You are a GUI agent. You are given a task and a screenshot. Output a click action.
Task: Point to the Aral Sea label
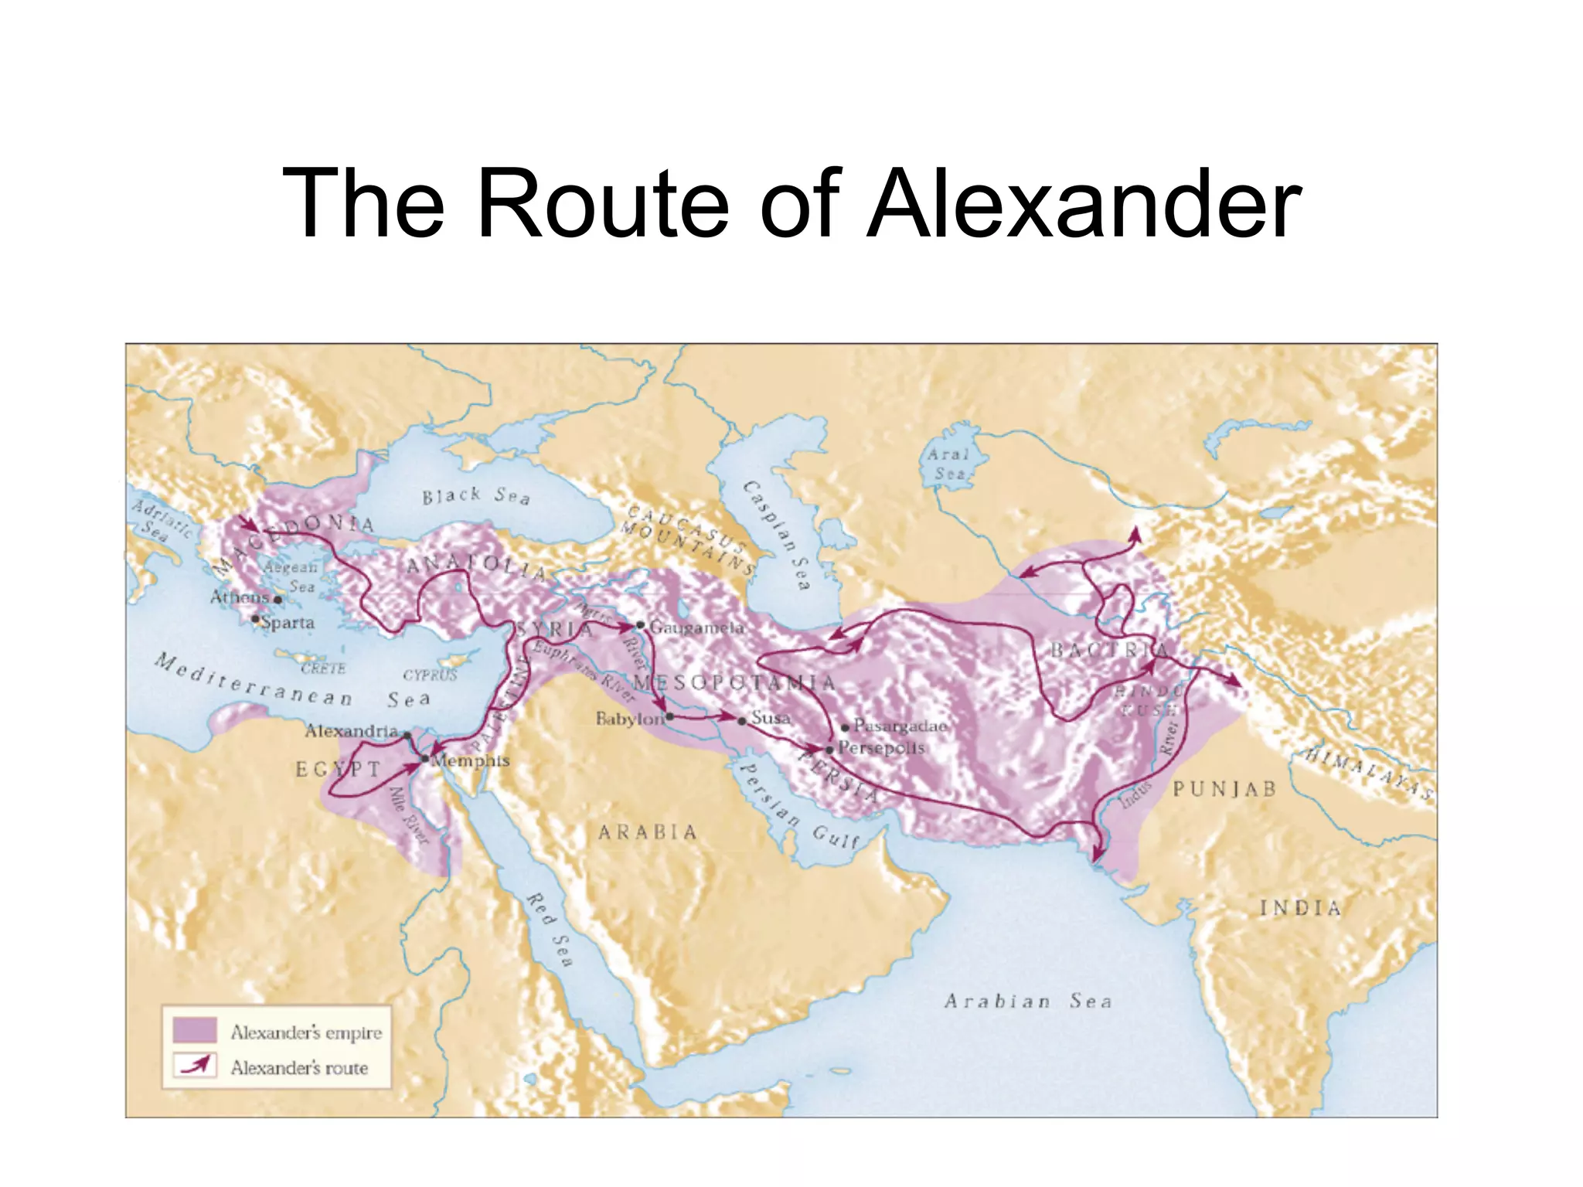click(948, 464)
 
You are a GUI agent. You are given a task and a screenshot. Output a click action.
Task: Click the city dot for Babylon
click(669, 717)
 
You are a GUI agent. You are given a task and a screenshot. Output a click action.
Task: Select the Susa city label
click(771, 718)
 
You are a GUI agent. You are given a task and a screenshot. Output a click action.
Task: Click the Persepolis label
click(880, 748)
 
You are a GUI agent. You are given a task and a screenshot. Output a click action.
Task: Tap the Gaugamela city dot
click(640, 624)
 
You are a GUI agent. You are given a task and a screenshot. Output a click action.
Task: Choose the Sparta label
click(288, 623)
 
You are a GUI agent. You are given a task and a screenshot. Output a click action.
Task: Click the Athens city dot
click(277, 600)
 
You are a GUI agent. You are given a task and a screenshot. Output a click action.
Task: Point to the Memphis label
click(471, 760)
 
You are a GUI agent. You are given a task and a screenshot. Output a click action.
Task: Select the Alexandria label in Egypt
click(351, 730)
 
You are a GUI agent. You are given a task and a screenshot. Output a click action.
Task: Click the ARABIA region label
click(648, 832)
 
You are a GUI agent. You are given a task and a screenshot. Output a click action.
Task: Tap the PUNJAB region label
click(1224, 789)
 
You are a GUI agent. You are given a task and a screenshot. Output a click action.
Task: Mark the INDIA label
click(1300, 908)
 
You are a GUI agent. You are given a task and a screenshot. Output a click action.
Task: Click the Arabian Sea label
click(1028, 1002)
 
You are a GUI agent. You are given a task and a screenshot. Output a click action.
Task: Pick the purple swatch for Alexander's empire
click(194, 1030)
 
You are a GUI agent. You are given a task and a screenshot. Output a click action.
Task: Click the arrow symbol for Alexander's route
click(194, 1066)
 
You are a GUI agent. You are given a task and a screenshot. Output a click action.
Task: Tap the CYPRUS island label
click(430, 675)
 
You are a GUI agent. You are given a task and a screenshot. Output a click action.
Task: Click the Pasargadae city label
click(900, 726)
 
